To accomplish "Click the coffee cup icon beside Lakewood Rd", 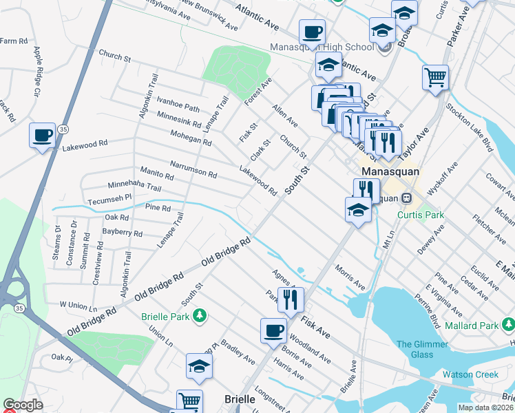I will click(42, 135).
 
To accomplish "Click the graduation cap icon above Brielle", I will click(199, 366).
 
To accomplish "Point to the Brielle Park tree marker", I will click(200, 316).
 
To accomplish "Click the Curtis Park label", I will click(421, 215).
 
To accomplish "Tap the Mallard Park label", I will click(481, 326).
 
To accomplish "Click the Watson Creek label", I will click(470, 374).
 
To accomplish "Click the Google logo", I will click(23, 405).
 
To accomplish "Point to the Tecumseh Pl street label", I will click(109, 199).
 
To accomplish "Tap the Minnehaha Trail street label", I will click(134, 186).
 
